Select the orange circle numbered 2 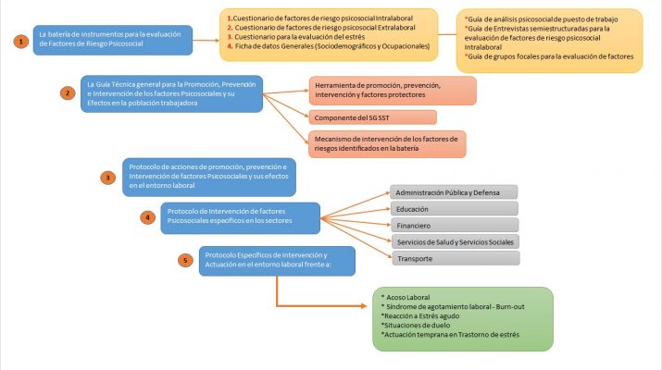click(x=67, y=93)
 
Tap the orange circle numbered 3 click(x=108, y=177)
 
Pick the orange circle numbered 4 click(x=146, y=218)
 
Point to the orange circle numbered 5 click(x=185, y=261)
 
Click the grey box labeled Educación click(x=452, y=208)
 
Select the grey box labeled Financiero click(x=452, y=225)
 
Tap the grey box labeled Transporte click(x=452, y=258)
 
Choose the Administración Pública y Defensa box click(x=452, y=191)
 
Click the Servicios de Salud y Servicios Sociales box click(x=452, y=241)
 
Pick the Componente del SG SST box click(x=373, y=117)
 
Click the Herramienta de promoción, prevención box click(x=393, y=91)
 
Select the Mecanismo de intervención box click(x=387, y=143)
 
